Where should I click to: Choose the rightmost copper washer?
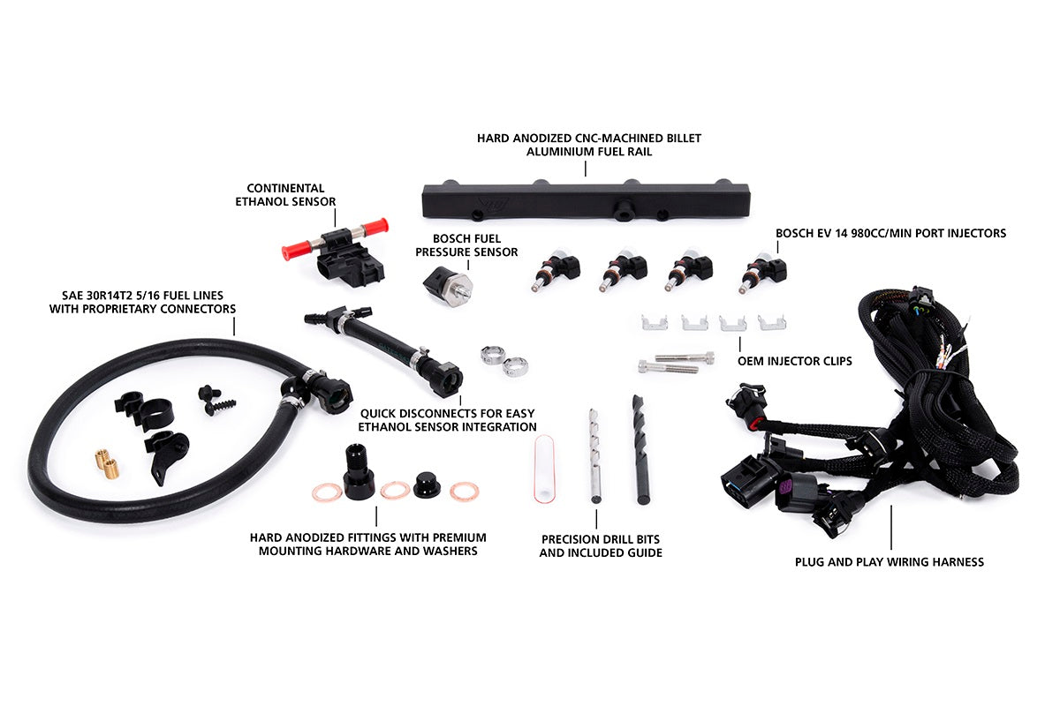(464, 492)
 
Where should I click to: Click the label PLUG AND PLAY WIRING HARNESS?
(890, 561)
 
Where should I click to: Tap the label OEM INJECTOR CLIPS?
(794, 361)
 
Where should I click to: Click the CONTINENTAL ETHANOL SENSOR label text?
(285, 194)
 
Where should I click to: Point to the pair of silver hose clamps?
(503, 359)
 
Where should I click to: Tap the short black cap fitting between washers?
(428, 483)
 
